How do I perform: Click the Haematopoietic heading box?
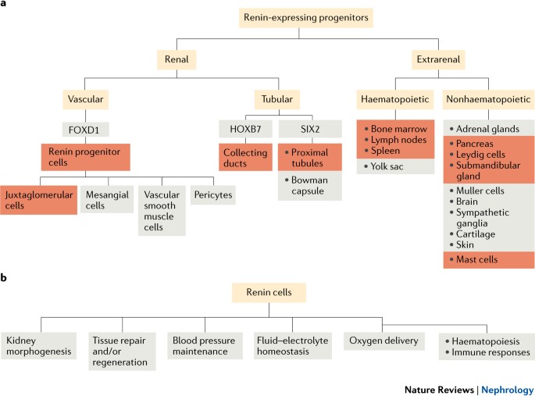(x=394, y=99)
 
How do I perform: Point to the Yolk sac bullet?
(x=394, y=166)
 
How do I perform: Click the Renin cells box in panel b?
(x=268, y=292)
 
